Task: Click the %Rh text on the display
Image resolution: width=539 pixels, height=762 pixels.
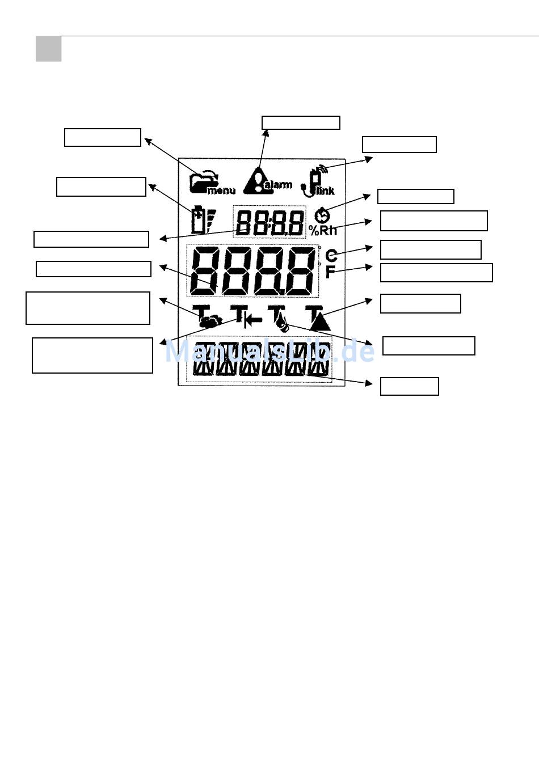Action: (x=323, y=231)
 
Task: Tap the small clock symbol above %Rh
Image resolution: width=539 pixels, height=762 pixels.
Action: (x=322, y=216)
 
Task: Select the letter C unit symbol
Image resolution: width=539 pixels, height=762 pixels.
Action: (x=332, y=256)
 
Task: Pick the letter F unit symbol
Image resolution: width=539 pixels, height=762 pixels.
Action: (x=331, y=272)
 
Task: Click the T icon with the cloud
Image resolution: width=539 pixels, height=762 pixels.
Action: (x=206, y=317)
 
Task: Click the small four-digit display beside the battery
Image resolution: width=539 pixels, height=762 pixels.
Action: (x=269, y=222)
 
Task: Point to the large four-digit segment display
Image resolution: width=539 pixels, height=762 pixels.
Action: (x=252, y=271)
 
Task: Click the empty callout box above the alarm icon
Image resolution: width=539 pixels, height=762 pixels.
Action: (x=301, y=122)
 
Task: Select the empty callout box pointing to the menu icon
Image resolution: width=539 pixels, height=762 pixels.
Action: (x=103, y=138)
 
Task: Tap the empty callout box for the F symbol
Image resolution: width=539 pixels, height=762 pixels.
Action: (x=436, y=273)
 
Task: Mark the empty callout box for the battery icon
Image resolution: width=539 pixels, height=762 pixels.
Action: (x=101, y=187)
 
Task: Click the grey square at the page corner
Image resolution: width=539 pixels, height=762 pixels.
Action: (x=48, y=49)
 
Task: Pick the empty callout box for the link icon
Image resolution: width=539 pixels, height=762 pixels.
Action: (x=399, y=145)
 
